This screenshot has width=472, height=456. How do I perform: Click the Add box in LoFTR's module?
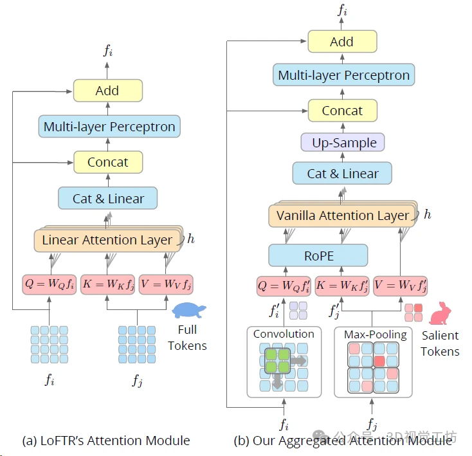coord(107,91)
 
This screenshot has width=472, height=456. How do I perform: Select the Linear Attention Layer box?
coord(107,241)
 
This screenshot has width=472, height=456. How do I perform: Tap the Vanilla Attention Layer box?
coord(342,215)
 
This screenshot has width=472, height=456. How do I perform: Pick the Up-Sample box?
coord(343,142)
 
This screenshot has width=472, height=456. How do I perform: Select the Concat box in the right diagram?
coord(342,111)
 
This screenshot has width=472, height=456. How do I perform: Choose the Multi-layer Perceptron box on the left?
coord(109,127)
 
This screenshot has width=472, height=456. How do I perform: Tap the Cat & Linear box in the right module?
coord(342,174)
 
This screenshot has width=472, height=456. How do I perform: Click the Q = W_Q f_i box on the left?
coord(49,284)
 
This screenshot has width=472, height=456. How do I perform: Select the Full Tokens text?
coord(187,339)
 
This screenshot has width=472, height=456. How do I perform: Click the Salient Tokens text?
coord(440,343)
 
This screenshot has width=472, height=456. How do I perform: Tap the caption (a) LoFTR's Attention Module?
coord(106,441)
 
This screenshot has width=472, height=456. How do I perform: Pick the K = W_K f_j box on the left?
coord(107,284)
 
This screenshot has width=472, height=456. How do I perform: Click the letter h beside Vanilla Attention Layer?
coord(427,214)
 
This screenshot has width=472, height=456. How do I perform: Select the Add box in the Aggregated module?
coord(341,42)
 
